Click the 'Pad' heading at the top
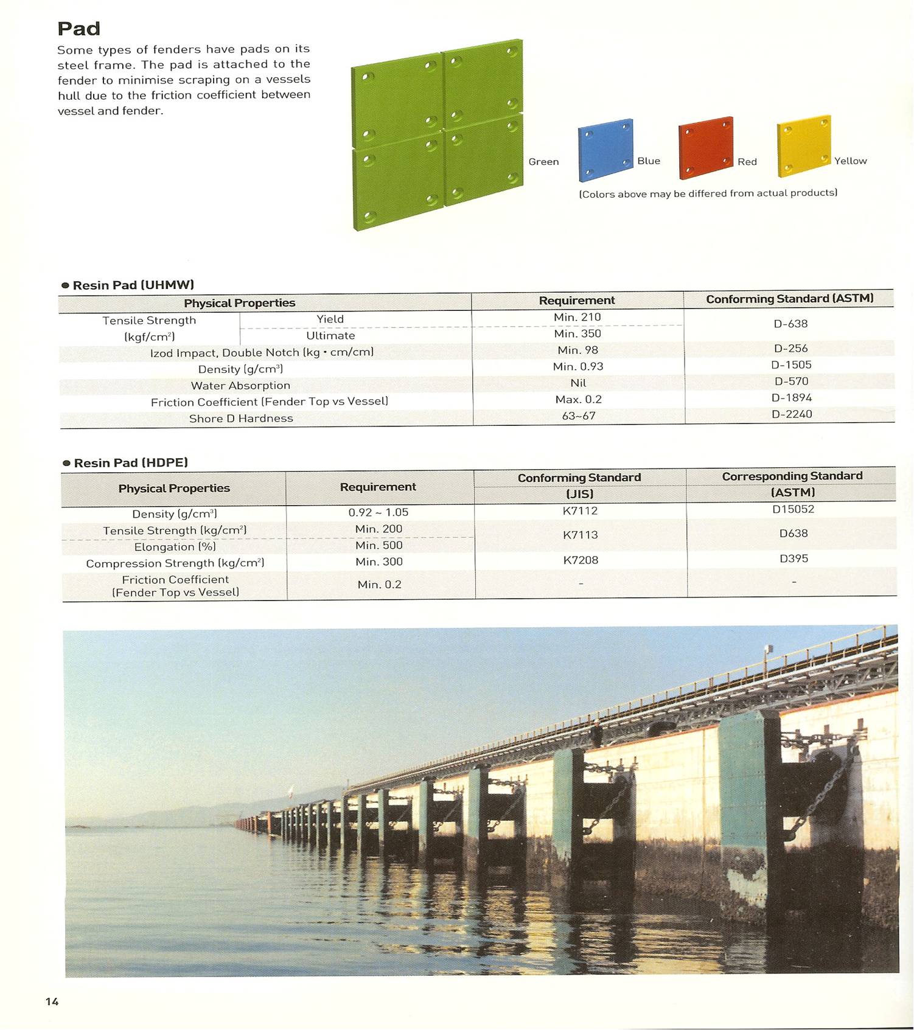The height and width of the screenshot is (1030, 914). tap(78, 29)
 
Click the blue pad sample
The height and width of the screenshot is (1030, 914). tap(605, 150)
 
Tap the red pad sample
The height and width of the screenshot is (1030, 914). tap(705, 147)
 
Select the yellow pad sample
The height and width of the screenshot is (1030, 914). tap(803, 145)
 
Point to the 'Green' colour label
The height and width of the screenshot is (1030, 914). tap(543, 162)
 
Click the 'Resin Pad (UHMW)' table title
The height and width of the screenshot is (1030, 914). tap(133, 285)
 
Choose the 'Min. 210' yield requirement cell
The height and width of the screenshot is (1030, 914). tap(577, 317)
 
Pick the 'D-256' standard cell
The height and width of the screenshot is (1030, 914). tap(790, 349)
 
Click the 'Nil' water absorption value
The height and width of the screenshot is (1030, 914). tap(578, 383)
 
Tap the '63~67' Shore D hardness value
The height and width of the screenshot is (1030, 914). tap(579, 416)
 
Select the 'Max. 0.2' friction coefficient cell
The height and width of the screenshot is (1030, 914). tap(578, 399)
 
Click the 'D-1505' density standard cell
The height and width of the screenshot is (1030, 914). tap(791, 365)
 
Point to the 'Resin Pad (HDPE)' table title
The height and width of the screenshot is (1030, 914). tap(130, 463)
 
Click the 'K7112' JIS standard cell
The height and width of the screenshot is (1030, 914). tap(580, 511)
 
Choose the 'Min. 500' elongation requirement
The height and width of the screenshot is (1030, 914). tap(379, 545)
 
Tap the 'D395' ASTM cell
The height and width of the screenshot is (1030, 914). tap(794, 558)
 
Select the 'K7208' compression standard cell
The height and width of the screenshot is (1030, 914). tap(581, 560)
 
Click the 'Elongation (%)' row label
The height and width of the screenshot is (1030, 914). tap(175, 547)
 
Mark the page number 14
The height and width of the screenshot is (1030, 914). tap(52, 1001)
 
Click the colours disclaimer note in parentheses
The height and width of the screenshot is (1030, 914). tap(708, 193)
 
